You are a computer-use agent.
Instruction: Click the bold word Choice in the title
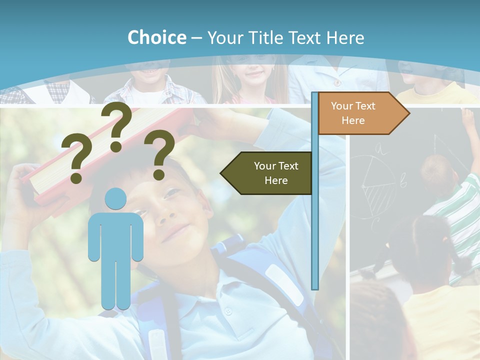coord(156,37)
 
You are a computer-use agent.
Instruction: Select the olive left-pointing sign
coord(267,173)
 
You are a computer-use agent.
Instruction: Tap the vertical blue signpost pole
coord(314,225)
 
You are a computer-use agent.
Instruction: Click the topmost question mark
coord(117,126)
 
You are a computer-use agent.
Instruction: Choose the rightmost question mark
coord(159,154)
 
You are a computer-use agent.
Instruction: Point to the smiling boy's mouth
coord(175,232)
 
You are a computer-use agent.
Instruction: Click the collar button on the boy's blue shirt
coord(228,311)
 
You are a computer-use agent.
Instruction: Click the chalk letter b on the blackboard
coord(403,182)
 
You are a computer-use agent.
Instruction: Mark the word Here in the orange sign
coord(353,120)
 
